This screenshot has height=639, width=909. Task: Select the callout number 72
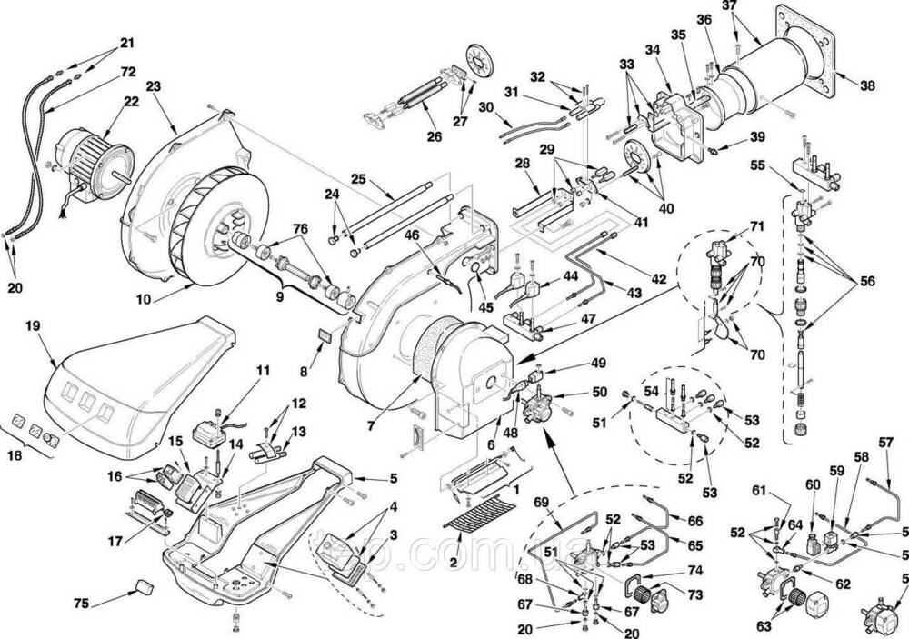127,70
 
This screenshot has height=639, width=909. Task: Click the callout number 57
886,444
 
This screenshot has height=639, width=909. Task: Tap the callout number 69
542,503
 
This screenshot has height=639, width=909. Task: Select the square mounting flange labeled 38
812,50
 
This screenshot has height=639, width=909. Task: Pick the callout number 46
412,235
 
